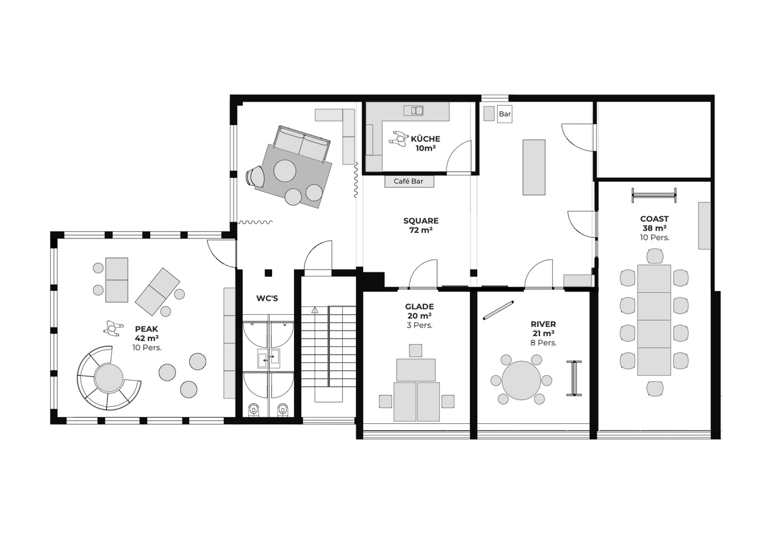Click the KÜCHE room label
click(425, 138)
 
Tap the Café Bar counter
click(409, 181)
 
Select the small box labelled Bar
click(505, 114)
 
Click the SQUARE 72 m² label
click(421, 225)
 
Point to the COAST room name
click(655, 219)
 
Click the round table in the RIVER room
click(521, 381)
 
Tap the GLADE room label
click(419, 307)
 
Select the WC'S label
click(267, 298)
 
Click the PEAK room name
click(146, 329)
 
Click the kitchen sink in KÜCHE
click(414, 110)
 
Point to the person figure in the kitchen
click(398, 140)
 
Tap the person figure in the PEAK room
click(113, 328)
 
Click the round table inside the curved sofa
click(109, 378)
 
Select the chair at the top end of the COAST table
click(655, 256)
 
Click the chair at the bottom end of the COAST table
click(655, 389)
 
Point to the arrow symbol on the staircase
click(315, 309)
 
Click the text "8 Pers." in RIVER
click(544, 343)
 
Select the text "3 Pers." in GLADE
click(419, 326)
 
